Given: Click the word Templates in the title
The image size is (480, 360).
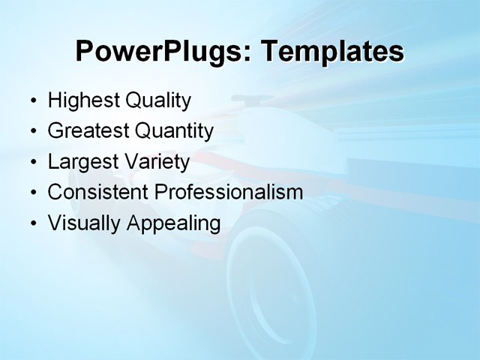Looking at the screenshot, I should tap(331, 51).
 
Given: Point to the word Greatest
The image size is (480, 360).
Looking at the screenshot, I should tap(88, 131).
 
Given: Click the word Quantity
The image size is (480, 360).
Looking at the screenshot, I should tap(174, 131).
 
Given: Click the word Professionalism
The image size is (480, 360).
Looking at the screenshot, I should tap(229, 192).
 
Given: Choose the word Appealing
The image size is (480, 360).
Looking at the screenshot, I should tap(174, 223).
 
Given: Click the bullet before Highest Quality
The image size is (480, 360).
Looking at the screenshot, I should tap(33, 101).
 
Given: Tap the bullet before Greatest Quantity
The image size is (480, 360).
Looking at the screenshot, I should tap(33, 132).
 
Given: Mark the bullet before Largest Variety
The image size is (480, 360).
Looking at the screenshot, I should tap(33, 163).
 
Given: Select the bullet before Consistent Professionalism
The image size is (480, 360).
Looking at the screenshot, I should tap(33, 193).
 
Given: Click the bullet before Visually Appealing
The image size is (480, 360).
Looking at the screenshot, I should tap(33, 223).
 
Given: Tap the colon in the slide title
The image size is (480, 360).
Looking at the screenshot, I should tap(249, 54).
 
